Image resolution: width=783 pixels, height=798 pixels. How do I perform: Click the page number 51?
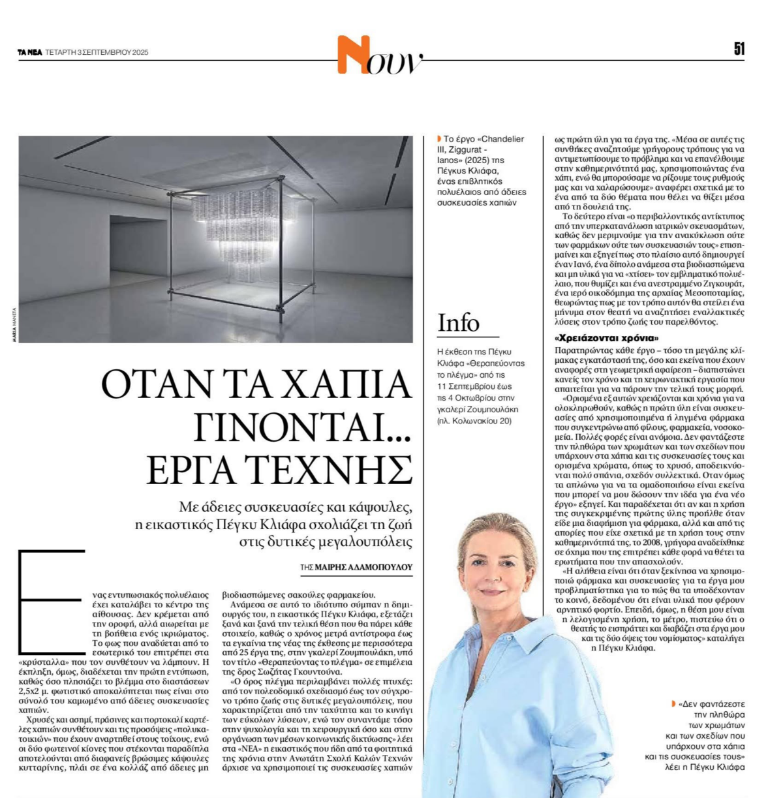[x=739, y=49]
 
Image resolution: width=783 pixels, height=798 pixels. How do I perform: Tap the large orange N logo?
[x=354, y=55]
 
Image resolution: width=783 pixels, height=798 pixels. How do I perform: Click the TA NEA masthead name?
[x=30, y=52]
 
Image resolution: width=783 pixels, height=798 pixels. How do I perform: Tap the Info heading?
[x=458, y=323]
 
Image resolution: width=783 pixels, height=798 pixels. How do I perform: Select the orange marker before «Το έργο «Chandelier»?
[x=439, y=139]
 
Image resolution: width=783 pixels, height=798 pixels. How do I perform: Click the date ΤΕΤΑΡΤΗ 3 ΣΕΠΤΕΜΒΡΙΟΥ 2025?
[x=97, y=52]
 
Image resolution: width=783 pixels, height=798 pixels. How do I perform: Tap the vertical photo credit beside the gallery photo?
[x=14, y=324]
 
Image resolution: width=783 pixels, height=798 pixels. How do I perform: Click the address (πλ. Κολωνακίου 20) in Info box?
[x=474, y=420]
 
